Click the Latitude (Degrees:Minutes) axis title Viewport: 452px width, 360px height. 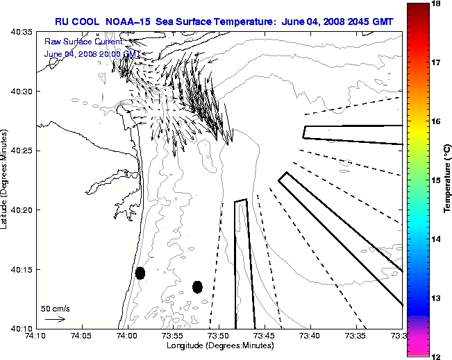(6, 180)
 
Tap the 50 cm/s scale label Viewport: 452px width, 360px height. (56, 308)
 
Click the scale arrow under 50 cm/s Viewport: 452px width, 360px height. (55, 319)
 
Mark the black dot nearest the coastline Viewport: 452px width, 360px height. (140, 273)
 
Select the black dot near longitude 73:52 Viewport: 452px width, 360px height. (197, 286)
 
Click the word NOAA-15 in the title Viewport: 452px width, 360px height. (128, 22)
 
